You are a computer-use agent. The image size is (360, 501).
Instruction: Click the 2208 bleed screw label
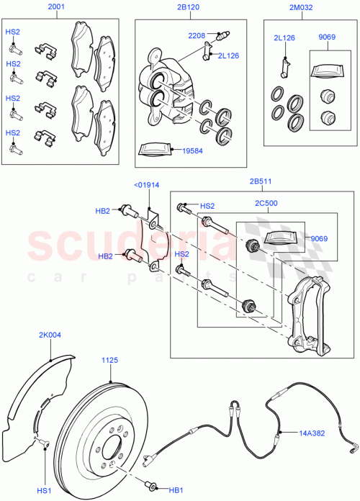197,35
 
